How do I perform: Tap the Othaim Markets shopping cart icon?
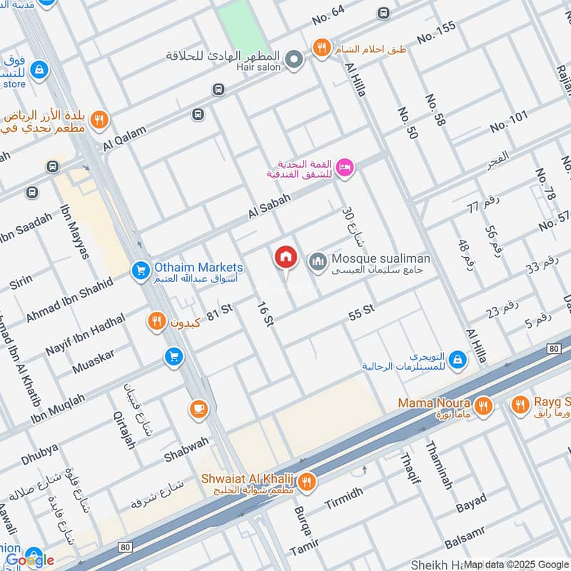tap(140, 270)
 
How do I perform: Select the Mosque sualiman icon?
tap(317, 262)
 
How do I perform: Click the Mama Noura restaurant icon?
tap(484, 405)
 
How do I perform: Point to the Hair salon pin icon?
tap(294, 60)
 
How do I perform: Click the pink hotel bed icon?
tap(345, 167)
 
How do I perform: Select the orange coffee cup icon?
tap(197, 409)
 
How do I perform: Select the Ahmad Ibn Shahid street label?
tap(69, 299)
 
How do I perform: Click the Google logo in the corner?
tap(29, 560)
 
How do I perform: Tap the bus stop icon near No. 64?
tap(383, 13)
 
